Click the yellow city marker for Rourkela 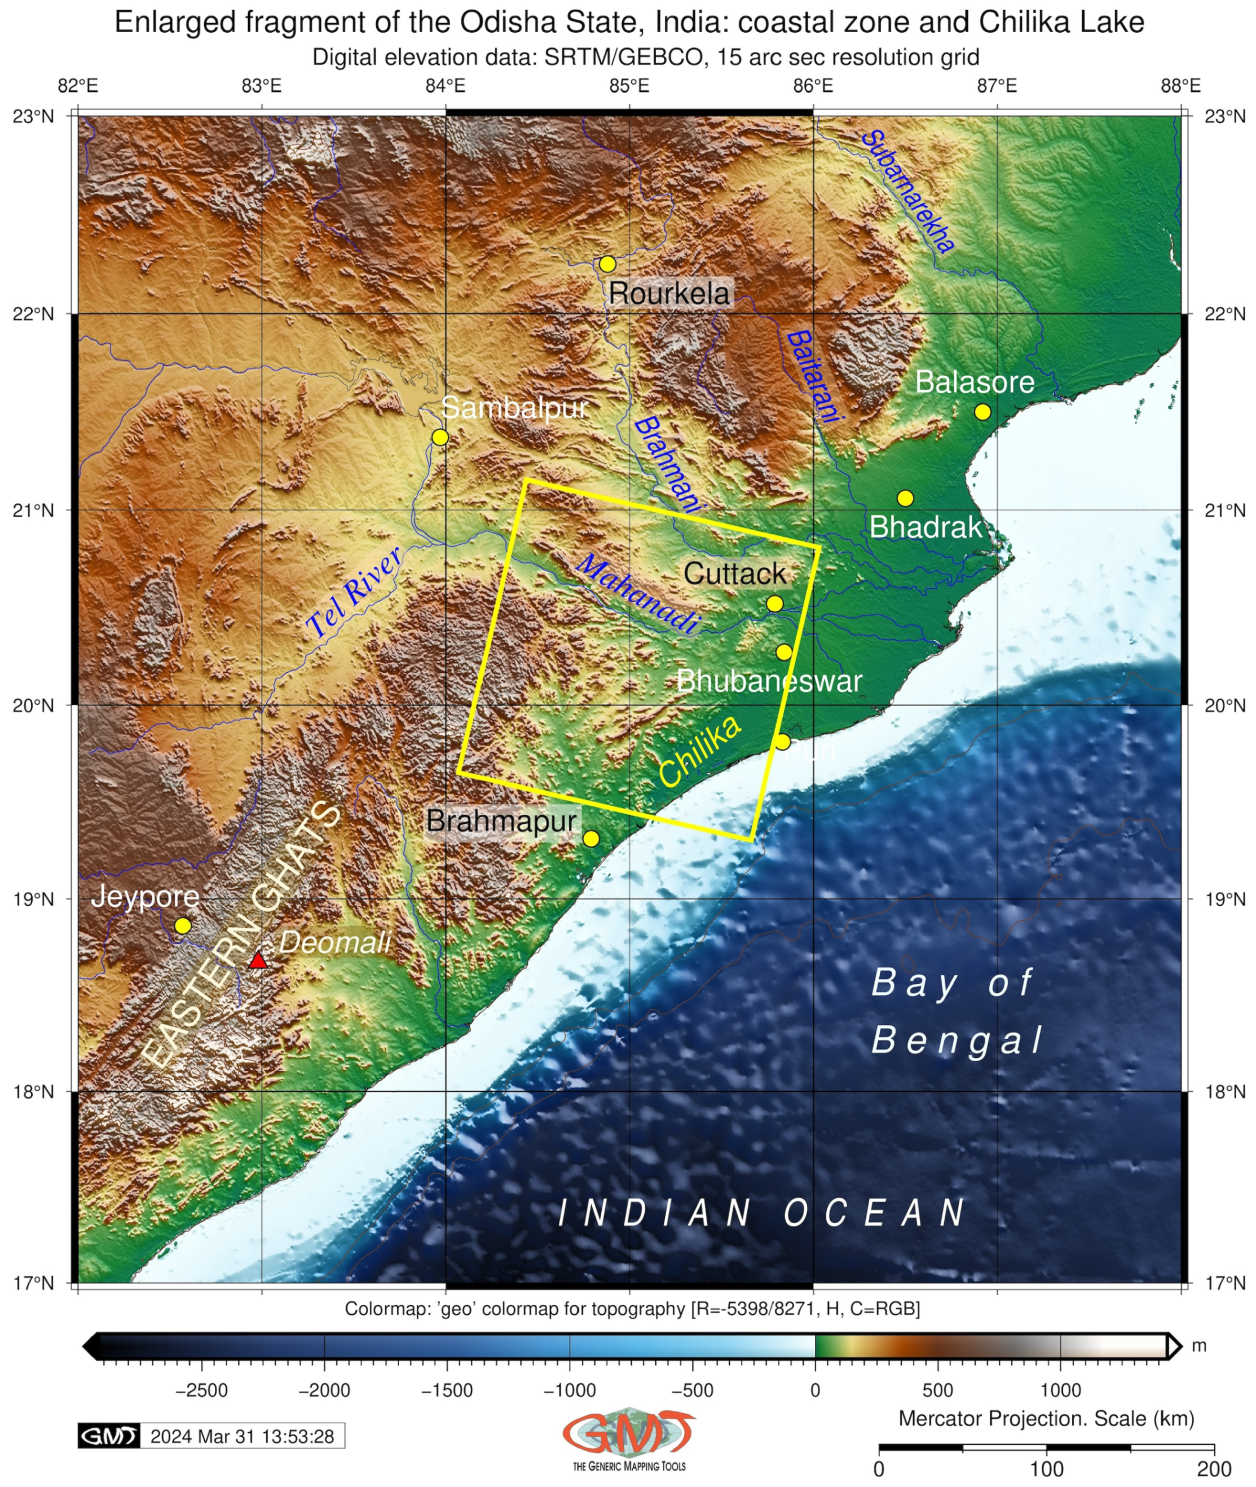607,264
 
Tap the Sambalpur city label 514,408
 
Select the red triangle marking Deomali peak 258,961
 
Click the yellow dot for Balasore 982,412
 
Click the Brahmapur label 501,820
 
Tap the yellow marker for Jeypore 183,925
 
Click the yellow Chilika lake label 700,751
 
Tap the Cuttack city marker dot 775,603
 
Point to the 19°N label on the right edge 1224,899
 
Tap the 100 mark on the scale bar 1047,1469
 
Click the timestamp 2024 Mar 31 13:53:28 242,1436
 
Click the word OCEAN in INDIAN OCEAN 875,1213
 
